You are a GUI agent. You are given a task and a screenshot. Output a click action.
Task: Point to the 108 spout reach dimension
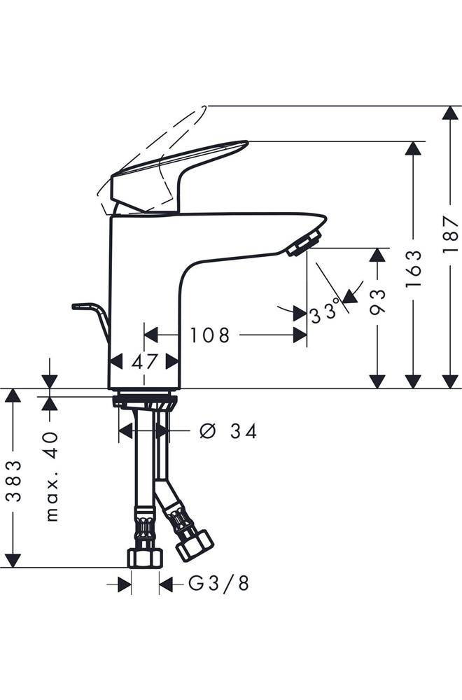point(209,335)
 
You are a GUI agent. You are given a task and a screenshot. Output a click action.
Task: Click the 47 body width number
point(143,362)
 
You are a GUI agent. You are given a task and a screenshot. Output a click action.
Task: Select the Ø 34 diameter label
point(228,431)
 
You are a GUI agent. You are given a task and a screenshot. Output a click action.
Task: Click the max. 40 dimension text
point(51,476)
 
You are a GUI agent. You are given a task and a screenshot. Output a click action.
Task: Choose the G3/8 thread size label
point(218,583)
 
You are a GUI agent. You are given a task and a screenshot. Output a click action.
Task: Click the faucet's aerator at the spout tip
point(303,245)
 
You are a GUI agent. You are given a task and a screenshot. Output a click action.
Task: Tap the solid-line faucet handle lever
point(182,168)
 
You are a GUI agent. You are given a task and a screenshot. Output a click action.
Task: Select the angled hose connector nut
point(193,545)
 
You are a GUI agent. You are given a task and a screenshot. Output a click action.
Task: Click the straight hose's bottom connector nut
point(145,557)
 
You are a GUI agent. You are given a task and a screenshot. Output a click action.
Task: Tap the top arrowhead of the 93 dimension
point(378,255)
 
